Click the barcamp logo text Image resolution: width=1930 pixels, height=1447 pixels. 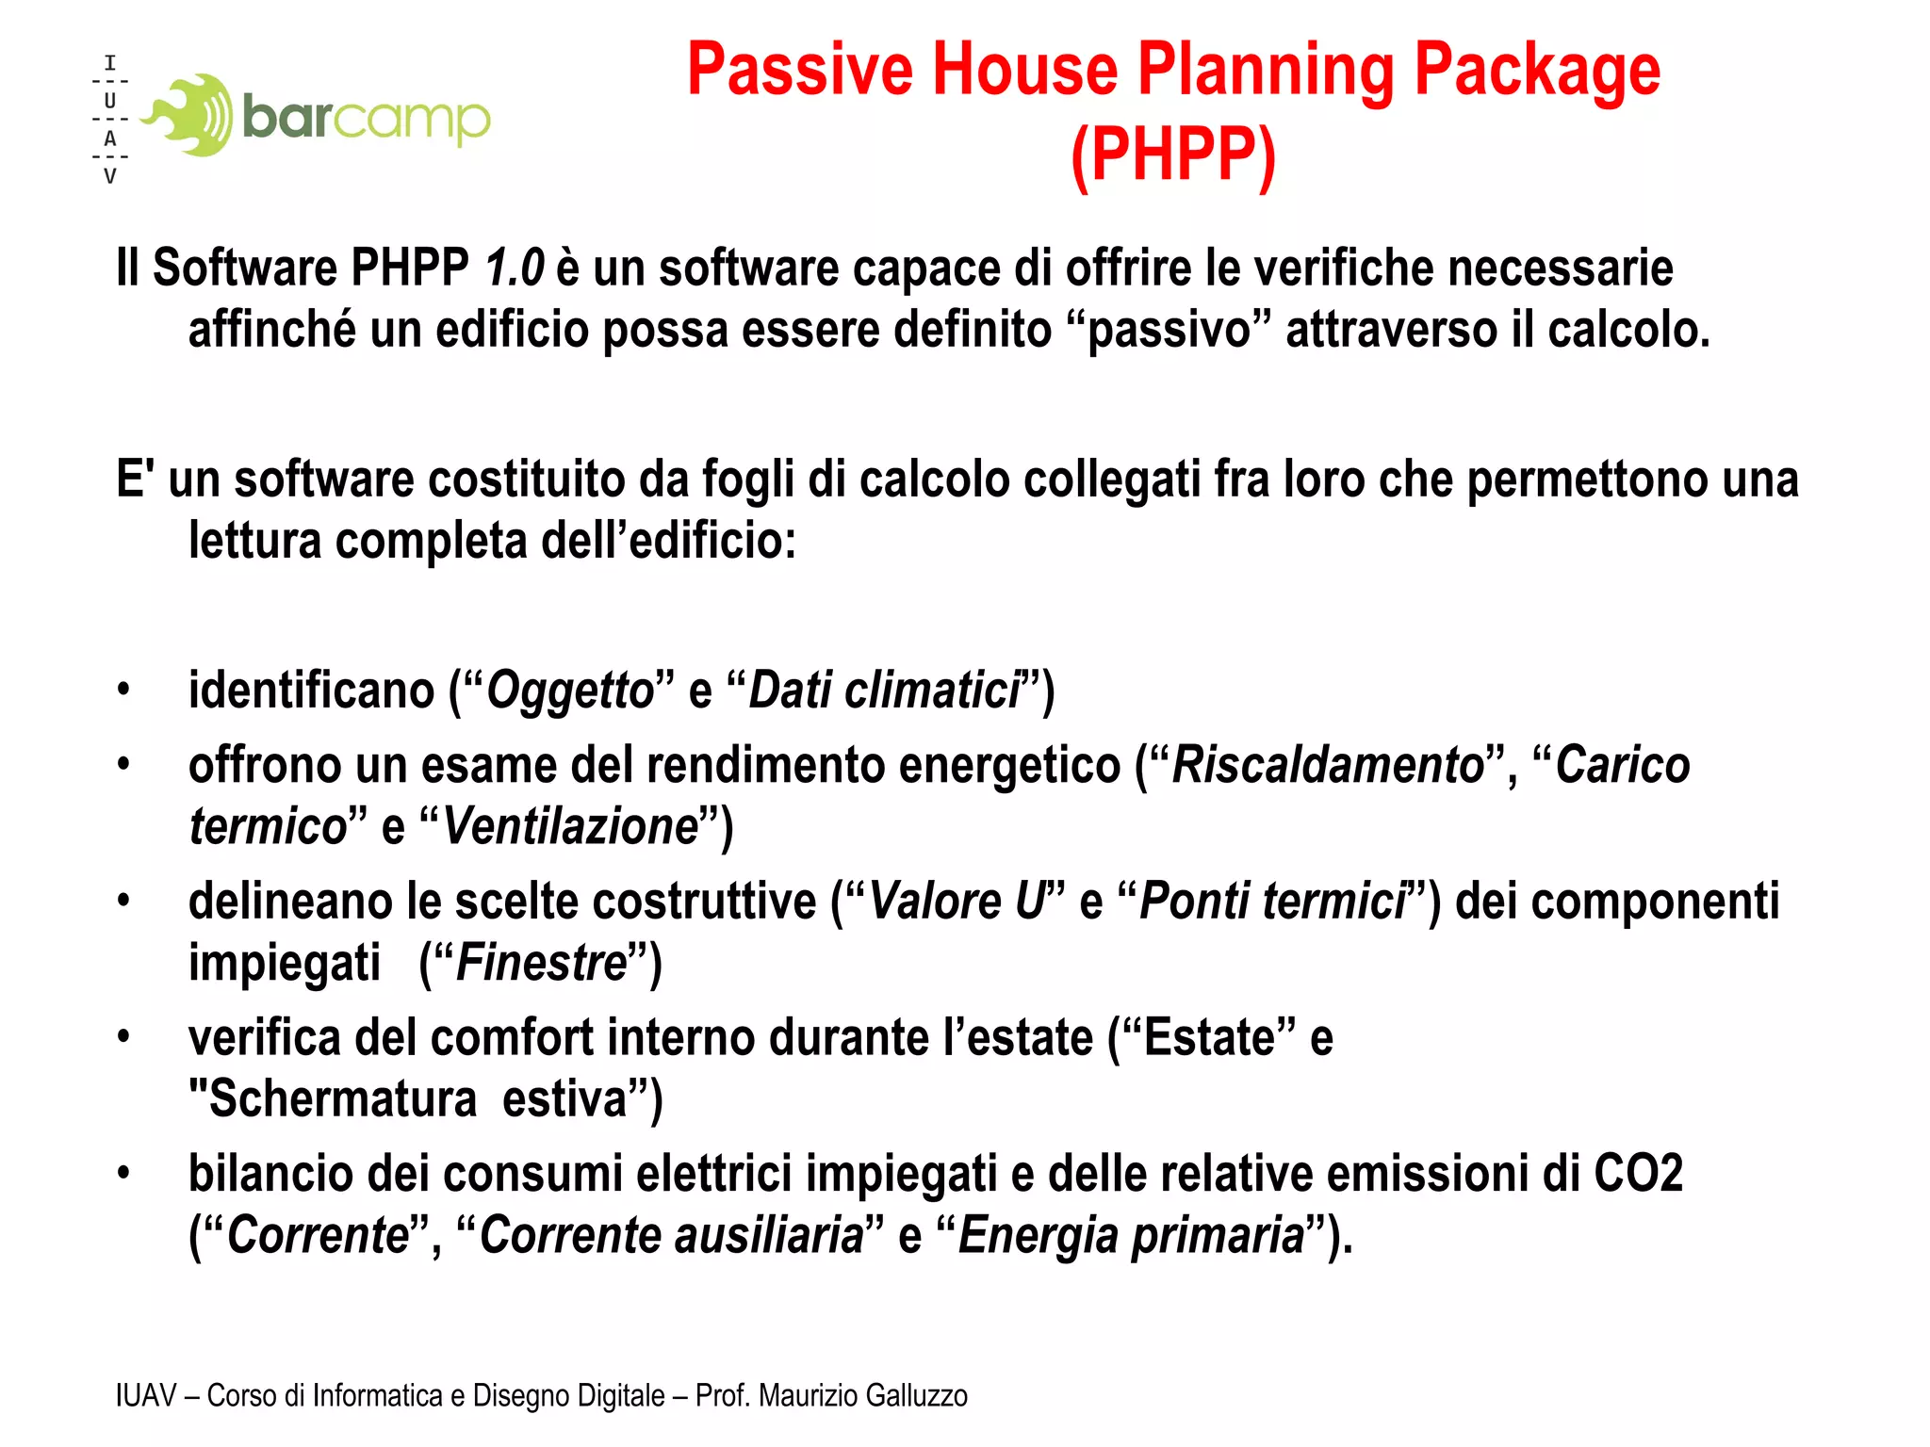click(366, 117)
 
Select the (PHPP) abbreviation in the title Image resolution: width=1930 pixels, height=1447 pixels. click(1173, 154)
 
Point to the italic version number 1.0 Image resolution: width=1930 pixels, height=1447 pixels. click(515, 268)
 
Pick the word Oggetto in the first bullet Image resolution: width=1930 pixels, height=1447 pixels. click(570, 690)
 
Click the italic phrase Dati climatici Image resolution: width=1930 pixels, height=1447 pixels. click(884, 690)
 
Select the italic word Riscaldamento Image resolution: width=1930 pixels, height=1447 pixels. click(1328, 764)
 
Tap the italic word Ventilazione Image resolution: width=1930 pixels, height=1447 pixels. click(571, 826)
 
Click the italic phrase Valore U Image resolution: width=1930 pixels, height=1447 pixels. click(956, 901)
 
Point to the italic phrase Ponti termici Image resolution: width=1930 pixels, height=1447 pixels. click(1272, 901)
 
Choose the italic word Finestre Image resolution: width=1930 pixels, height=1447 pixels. click(542, 963)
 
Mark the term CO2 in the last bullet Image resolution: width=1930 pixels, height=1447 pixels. click(1638, 1174)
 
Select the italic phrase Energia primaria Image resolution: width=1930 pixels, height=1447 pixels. click(1131, 1235)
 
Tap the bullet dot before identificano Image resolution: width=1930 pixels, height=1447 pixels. click(123, 690)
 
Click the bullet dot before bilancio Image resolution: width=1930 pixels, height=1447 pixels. click(123, 1174)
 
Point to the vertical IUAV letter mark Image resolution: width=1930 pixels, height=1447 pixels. click(110, 120)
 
